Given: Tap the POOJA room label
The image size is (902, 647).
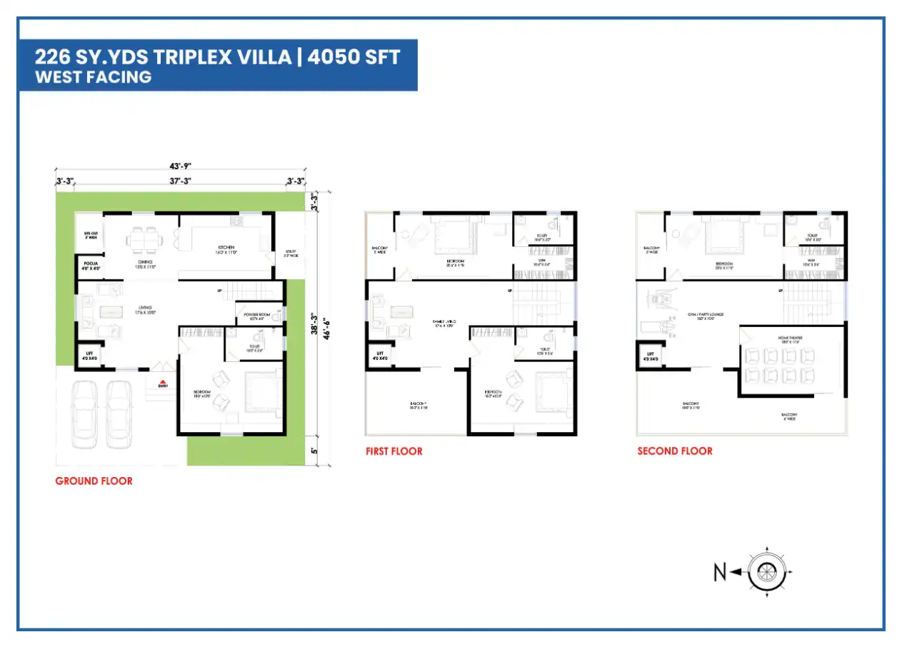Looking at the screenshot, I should point(90,266).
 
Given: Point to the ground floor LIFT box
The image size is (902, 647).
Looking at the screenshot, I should point(90,356).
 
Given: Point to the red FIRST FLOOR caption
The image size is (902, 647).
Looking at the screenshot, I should point(394,451).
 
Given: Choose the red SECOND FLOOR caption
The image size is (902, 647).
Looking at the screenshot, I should point(674,451).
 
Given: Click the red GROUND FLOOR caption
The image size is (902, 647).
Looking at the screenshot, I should point(94,481).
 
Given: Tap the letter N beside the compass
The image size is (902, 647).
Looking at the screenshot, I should point(721,571).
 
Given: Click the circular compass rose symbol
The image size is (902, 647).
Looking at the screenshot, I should point(767,571).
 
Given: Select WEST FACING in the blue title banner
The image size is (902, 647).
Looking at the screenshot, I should point(94,77).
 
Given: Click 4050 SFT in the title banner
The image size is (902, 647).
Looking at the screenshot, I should point(354,57).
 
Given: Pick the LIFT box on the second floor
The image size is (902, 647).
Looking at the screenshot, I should point(650,356).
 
